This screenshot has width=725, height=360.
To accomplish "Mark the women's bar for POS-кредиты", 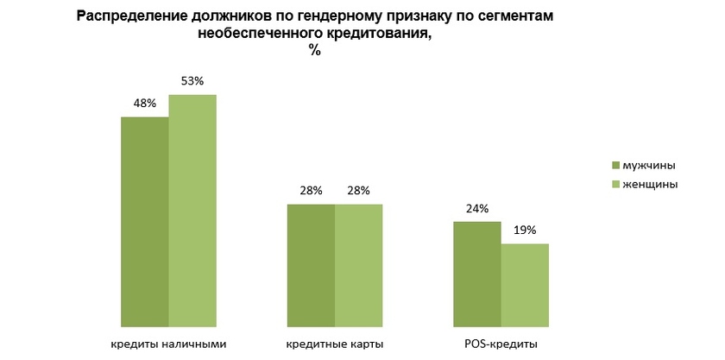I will coord(525,284).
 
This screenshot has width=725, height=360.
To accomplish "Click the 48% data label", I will coord(144,104).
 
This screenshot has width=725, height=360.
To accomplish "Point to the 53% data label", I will coord(192,81).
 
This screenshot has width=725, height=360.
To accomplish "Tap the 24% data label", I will coord(477,208).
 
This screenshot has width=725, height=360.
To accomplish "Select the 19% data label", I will coord(525,231).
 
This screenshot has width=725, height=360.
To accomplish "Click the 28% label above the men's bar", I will coord(311,191).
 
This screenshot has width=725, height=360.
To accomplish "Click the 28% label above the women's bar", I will coord(358,191).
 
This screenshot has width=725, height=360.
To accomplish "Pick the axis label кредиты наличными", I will coord(168,344).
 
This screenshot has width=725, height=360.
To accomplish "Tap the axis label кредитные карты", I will coord(334,344).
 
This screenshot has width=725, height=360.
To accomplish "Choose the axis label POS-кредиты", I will coord(501,344).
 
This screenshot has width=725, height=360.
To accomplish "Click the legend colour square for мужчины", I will coord(615,165).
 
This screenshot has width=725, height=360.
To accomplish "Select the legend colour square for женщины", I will coord(615,184).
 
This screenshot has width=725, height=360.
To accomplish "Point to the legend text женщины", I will coord(650,184).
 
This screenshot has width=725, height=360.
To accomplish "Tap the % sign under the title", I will coord(315,50).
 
